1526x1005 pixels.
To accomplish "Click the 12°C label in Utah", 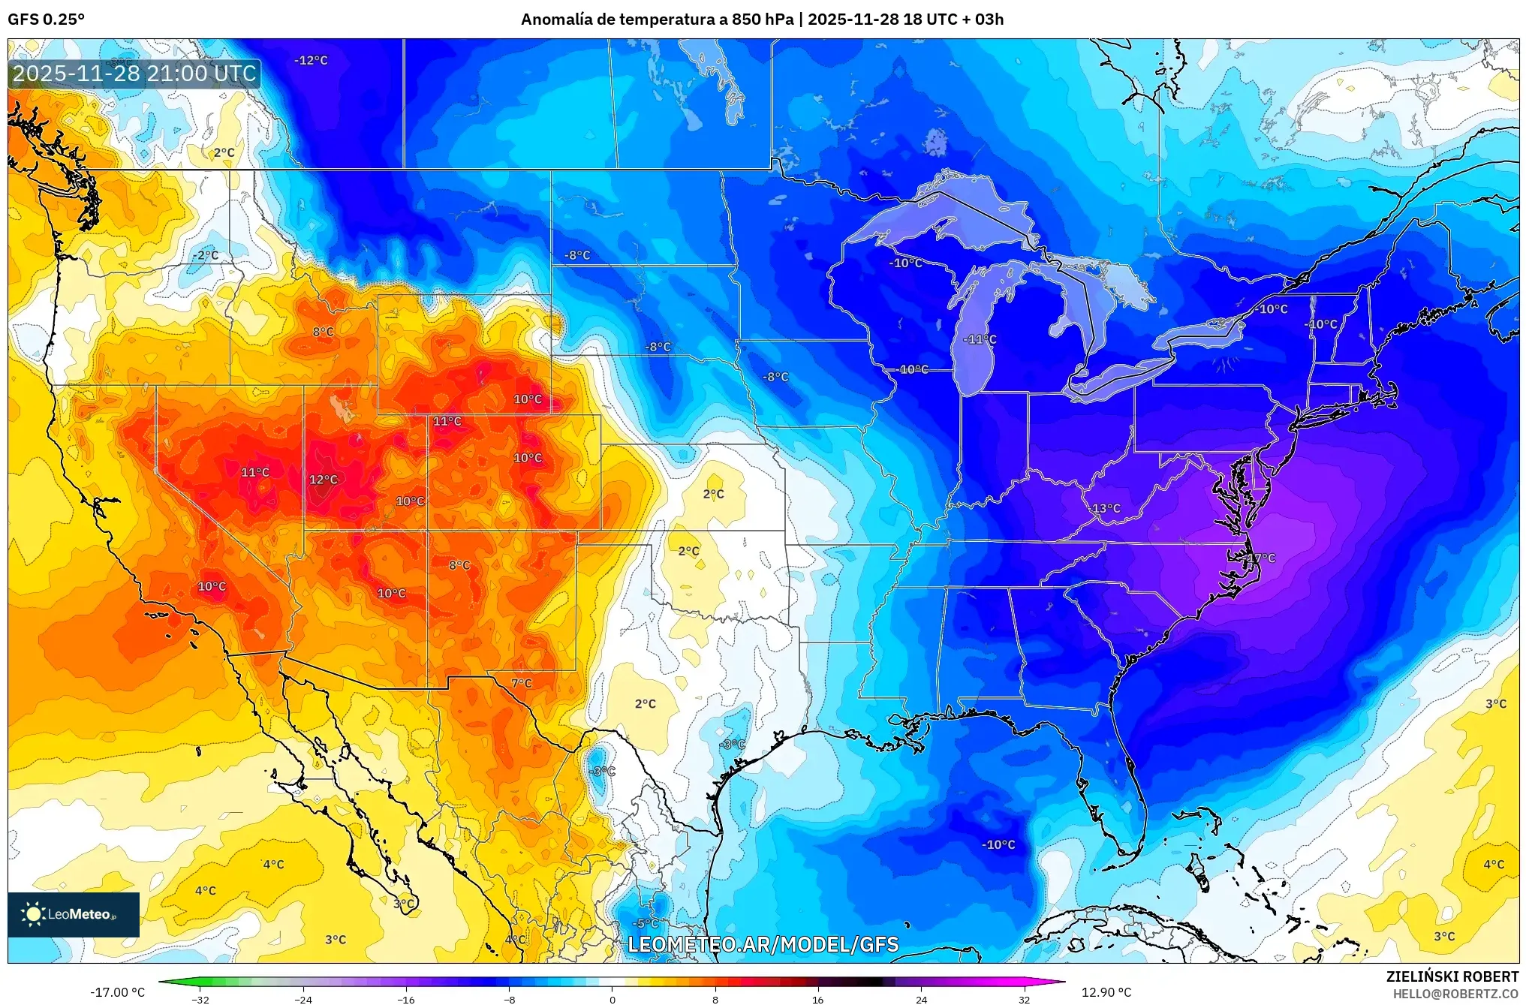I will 324,480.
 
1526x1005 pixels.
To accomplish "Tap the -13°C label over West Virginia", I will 1104,508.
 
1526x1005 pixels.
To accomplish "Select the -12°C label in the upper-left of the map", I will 311,60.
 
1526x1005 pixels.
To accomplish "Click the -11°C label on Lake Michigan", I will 980,339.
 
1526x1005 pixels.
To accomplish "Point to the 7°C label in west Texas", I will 522,683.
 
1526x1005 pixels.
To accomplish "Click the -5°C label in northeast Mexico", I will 646,923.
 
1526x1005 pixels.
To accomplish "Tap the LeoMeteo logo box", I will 74,914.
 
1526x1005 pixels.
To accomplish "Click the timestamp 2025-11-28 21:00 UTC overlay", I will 134,74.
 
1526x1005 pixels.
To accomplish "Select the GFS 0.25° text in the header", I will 46,20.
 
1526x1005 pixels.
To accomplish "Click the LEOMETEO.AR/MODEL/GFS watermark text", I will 763,944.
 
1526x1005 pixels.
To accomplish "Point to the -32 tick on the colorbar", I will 200,999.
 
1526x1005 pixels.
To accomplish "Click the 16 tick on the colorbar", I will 817,999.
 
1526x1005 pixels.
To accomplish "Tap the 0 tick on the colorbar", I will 613,999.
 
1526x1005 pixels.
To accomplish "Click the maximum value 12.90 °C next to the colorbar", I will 1106,992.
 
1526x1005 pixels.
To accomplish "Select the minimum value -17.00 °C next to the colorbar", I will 118,992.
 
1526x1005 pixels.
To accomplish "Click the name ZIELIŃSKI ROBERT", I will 1452,976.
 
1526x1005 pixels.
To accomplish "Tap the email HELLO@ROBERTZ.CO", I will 1455,994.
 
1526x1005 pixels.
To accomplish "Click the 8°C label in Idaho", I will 323,332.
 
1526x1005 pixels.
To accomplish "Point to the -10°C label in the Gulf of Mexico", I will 998,844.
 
